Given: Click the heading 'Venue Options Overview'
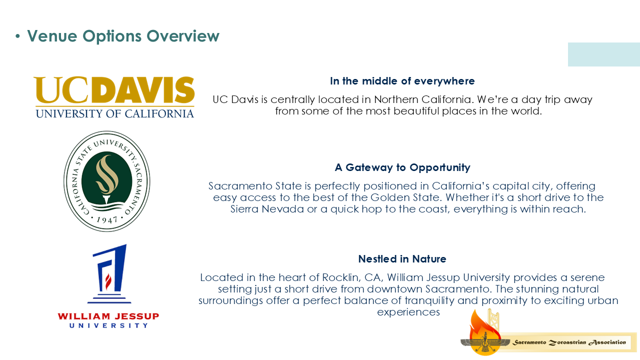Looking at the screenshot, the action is point(123,36).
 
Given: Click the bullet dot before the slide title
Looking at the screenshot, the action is point(17,36).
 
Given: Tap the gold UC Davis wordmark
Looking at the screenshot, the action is point(114,90).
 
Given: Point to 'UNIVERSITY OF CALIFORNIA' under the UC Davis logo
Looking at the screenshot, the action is point(115,113).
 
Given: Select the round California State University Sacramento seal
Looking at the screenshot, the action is point(107,181).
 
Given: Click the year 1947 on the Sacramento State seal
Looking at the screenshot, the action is point(107,219).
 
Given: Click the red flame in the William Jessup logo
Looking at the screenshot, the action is point(108,281).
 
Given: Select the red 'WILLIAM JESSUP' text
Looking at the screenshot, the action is point(108,316).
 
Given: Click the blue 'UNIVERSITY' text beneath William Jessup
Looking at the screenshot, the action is point(108,325).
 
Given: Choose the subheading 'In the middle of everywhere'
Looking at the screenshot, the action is point(402,81).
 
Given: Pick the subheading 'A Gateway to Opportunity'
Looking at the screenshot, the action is point(402,167).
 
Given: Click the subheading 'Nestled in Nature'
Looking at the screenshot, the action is point(402,259).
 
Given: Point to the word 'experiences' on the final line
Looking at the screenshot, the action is point(408,312).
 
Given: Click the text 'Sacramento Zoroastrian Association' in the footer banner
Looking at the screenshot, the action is point(569,342).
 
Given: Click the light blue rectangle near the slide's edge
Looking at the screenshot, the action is point(604,54).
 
